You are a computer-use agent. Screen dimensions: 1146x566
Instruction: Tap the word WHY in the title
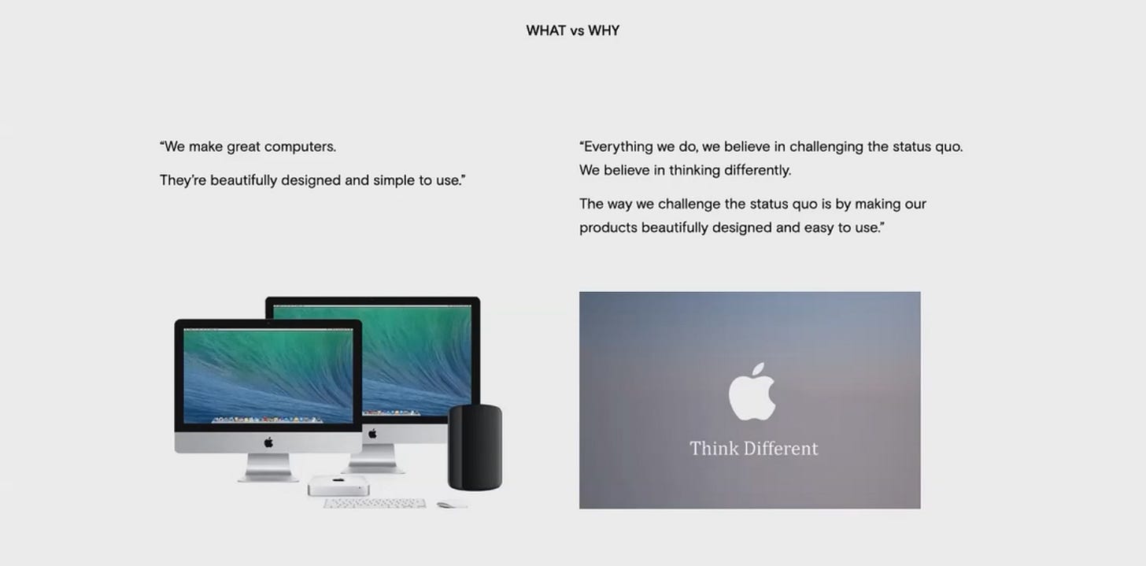coord(604,31)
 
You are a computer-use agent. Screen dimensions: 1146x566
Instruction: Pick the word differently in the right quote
coord(758,170)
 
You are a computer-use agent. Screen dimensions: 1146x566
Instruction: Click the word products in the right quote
coord(608,228)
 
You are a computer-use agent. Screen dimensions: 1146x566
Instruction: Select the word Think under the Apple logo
coord(714,448)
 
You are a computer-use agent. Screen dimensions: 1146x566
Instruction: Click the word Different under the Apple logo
coord(782,448)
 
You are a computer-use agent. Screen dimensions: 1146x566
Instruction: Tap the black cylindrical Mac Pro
coord(475,447)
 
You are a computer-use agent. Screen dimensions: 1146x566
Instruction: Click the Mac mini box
coord(338,485)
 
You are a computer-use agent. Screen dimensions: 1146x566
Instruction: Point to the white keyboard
coord(375,504)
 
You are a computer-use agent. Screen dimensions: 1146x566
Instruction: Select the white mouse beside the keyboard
coord(452,505)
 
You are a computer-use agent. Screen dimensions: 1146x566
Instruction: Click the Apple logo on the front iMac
coord(268,442)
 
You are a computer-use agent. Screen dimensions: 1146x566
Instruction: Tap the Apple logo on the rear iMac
coord(372,434)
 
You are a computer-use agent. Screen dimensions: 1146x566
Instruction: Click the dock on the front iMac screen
coord(268,420)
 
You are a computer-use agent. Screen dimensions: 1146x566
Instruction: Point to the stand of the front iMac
coord(268,468)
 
